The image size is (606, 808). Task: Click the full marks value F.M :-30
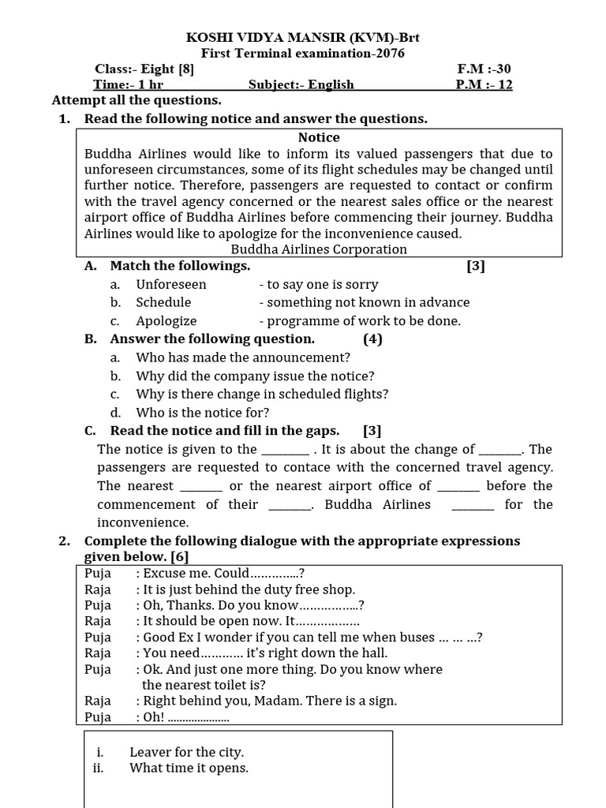pos(484,69)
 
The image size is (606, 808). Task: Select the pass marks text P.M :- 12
pos(484,84)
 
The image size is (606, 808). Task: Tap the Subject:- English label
pos(301,84)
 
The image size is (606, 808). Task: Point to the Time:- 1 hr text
pos(128,84)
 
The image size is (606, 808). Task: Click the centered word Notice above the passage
pos(319,137)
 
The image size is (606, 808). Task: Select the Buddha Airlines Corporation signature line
pos(319,249)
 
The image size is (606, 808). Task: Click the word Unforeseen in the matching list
pos(170,284)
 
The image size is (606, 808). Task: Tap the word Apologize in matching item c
pos(166,321)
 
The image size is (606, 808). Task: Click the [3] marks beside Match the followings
pos(475,266)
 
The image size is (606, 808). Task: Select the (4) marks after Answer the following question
pos(372,339)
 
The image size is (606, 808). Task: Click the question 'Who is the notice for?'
pos(202,412)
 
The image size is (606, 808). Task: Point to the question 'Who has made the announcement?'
pos(242,357)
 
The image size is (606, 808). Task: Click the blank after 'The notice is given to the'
pos(285,450)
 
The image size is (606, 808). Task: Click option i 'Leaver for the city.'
pos(186,752)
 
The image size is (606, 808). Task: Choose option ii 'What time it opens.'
pos(189,768)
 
